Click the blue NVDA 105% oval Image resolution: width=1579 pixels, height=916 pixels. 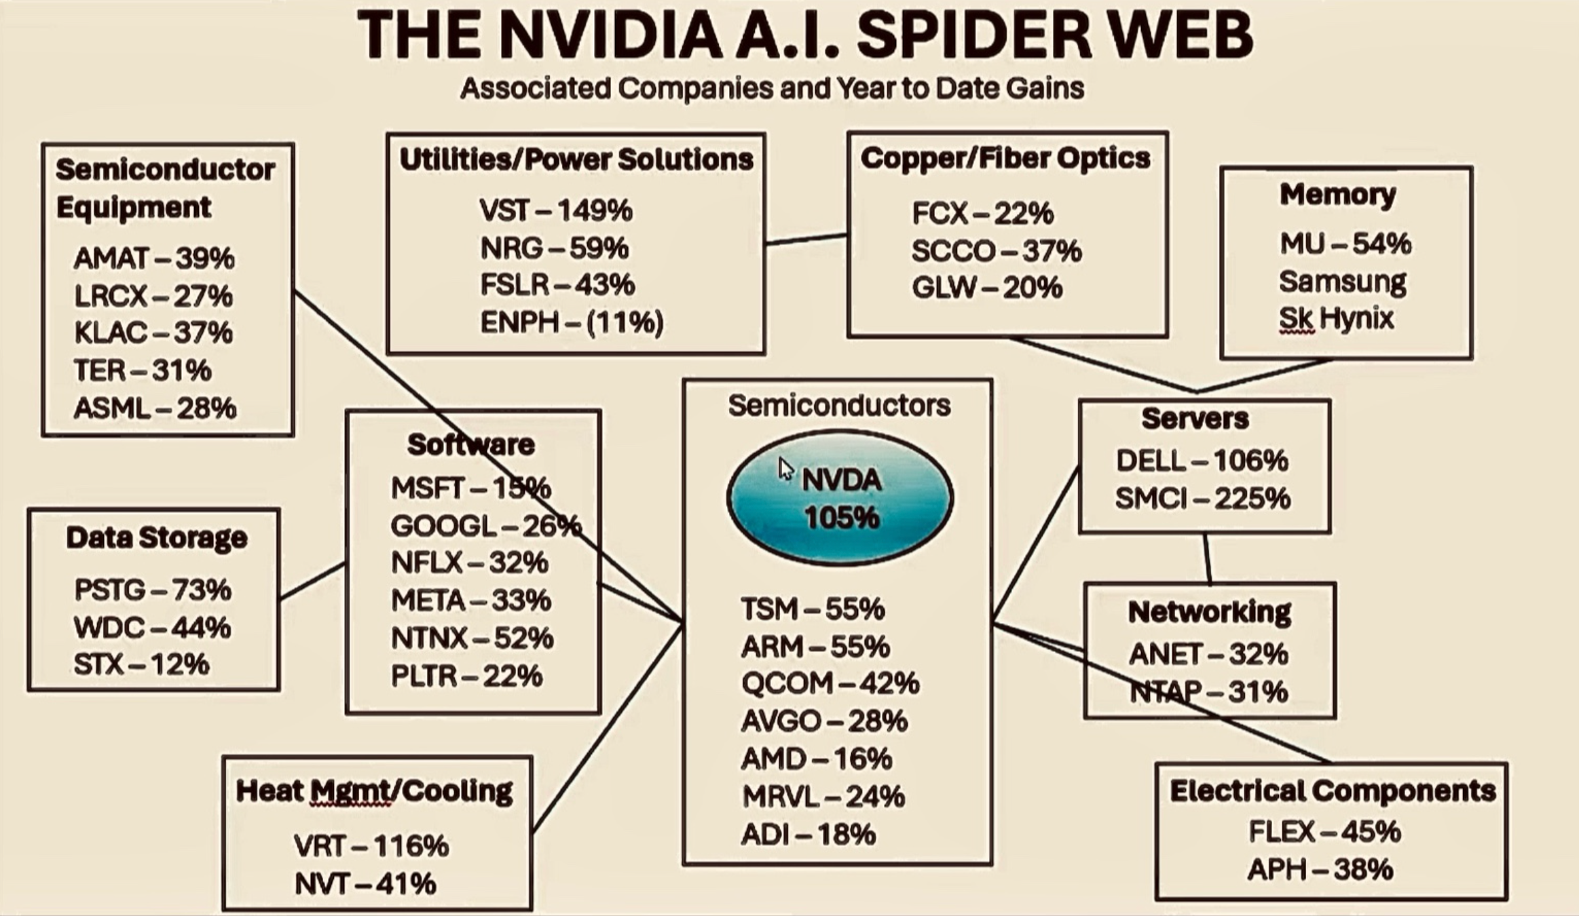tap(840, 499)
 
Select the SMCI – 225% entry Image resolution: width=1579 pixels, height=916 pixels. tap(1202, 499)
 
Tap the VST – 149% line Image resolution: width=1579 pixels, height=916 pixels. tap(555, 211)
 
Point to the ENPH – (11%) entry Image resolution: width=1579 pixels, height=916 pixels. tap(572, 322)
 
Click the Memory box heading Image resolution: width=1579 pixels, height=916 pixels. tap(1337, 195)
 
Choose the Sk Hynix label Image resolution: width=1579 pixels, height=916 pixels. tap(1336, 318)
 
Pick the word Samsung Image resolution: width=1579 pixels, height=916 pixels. tap(1342, 281)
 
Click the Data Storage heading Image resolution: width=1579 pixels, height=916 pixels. tap(157, 537)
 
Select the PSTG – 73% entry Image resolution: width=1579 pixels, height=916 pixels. tap(153, 590)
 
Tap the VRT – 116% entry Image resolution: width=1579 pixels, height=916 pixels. tap(371, 846)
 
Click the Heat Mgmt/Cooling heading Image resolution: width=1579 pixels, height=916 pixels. tap(374, 791)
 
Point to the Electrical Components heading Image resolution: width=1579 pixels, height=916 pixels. tap(1333, 791)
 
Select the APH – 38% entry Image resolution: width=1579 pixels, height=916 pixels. tap(1320, 869)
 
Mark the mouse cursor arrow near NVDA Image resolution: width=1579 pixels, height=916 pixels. tap(785, 468)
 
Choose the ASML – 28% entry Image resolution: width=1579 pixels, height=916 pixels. tap(155, 408)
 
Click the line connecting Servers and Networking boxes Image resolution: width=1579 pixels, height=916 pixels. tap(1207, 558)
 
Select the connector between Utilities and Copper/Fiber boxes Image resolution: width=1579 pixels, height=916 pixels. tap(806, 239)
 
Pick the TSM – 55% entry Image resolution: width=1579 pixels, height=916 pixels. tap(813, 609)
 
